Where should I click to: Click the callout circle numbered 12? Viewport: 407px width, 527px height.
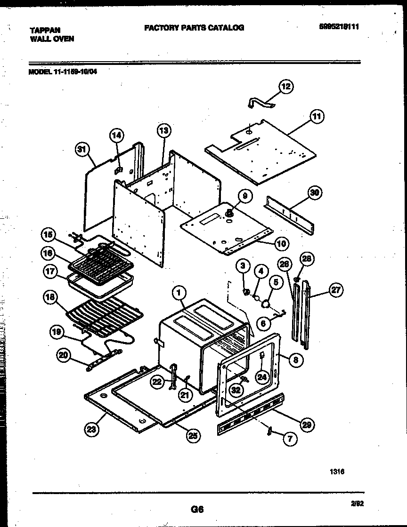(x=286, y=86)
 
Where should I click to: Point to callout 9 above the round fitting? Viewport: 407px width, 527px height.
(x=244, y=195)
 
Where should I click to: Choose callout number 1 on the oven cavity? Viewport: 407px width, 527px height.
(x=179, y=293)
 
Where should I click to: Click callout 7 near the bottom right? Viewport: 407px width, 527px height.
(x=290, y=439)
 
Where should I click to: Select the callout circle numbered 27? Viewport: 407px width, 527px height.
(x=336, y=290)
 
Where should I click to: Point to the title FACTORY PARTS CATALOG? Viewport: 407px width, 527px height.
(x=194, y=28)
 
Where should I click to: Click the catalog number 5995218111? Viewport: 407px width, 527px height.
(x=339, y=27)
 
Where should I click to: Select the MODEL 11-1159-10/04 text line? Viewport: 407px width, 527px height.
(x=64, y=72)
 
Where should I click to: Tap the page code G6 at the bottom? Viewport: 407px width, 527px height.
(x=197, y=509)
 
